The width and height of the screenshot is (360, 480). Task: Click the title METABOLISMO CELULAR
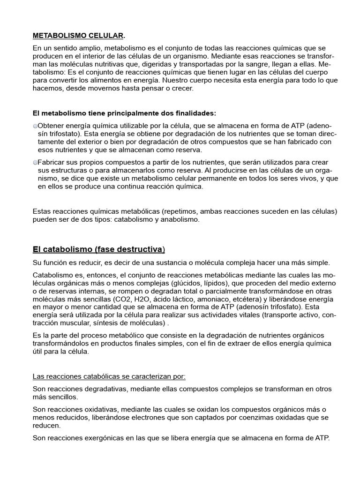(78, 35)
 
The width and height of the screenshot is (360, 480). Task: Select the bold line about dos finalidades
(124, 113)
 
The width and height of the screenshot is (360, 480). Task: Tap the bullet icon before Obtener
(35, 126)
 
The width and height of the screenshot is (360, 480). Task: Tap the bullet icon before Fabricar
(35, 162)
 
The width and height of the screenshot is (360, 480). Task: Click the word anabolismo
(182, 219)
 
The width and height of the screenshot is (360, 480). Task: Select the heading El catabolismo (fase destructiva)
(98, 248)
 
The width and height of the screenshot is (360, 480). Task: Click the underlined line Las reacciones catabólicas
(109, 376)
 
